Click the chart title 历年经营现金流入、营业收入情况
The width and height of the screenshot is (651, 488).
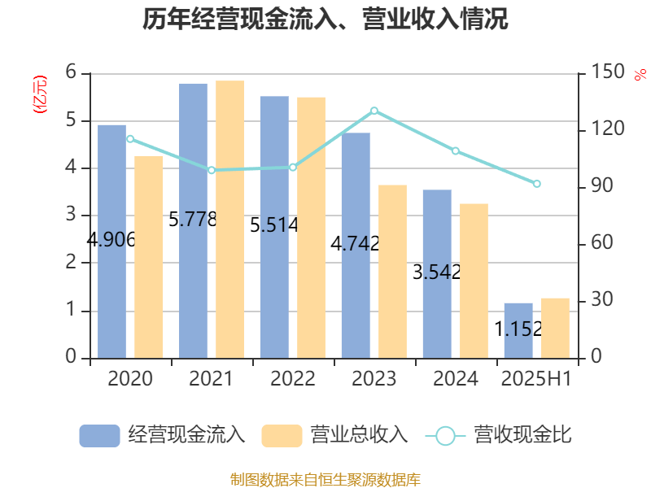pos(325,20)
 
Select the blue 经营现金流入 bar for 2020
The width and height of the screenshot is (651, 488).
pos(111,187)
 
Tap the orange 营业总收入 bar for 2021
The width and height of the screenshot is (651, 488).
pos(229,220)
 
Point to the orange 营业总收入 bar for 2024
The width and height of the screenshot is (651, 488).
pos(474,281)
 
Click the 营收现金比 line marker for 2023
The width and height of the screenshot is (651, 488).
pos(374,111)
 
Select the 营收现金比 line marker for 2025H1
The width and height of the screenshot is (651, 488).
pos(536,184)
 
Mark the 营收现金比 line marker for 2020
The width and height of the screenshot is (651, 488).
pos(130,139)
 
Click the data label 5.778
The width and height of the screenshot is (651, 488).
pos(192,219)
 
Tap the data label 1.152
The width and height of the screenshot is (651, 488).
pos(518,329)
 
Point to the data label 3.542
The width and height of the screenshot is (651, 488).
pos(436,272)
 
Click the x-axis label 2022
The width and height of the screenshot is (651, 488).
pos(293,378)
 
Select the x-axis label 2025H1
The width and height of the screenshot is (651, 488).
pos(536,378)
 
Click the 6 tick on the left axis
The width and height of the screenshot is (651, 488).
pos(72,73)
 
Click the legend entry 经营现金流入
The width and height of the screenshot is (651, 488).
pos(163,435)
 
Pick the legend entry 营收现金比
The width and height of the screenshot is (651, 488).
pos(499,435)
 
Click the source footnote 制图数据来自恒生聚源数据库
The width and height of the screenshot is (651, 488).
pos(325,479)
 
